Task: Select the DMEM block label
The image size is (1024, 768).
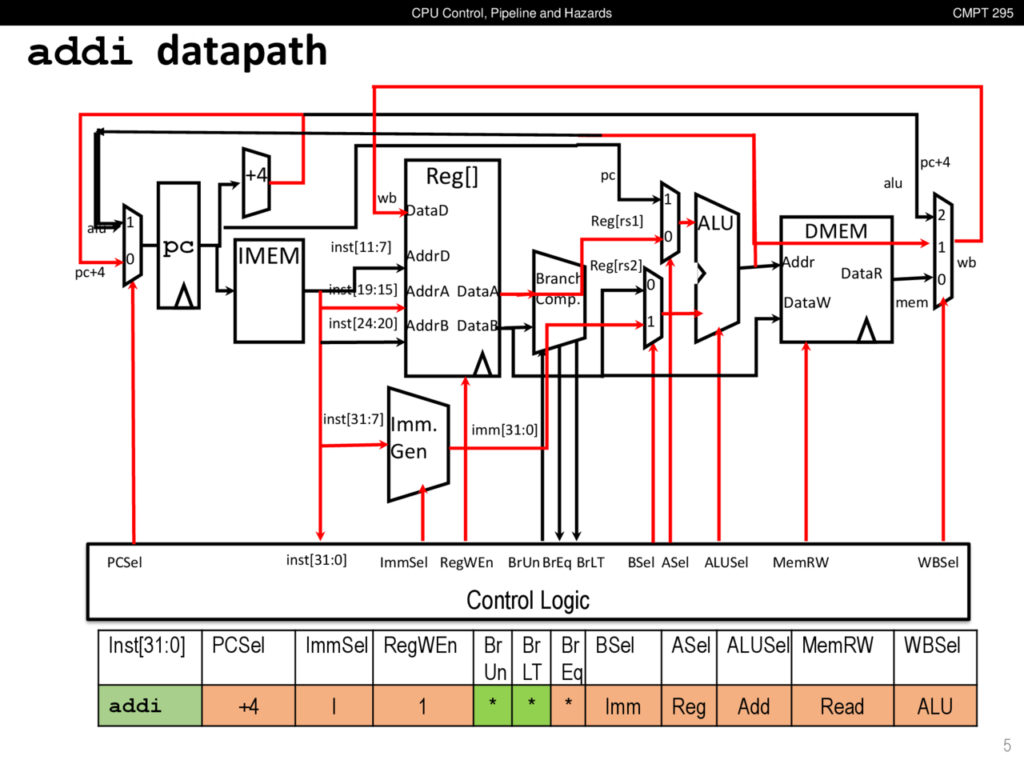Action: pos(835,231)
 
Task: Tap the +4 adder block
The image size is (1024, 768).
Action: pos(256,182)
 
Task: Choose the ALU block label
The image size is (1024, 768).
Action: pos(715,223)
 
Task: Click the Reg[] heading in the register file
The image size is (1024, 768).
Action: pos(452,177)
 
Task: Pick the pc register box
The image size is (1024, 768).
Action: pos(178,246)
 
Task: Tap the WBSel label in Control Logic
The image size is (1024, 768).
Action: pos(938,562)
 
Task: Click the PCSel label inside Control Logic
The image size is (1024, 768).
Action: pos(125,562)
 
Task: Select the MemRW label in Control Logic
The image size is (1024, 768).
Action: pos(800,562)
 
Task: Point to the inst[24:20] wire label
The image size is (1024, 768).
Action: pos(362,323)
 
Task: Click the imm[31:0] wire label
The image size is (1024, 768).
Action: pos(504,430)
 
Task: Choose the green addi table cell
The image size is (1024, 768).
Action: pos(150,706)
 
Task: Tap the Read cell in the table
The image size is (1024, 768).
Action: pos(842,706)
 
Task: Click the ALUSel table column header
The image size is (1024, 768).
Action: pos(757,646)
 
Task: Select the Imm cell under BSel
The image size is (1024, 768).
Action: pos(622,706)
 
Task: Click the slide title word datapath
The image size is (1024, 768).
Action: pos(242,51)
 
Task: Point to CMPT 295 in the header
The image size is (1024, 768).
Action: pos(982,13)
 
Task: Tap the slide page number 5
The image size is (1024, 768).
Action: pos(1006,746)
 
